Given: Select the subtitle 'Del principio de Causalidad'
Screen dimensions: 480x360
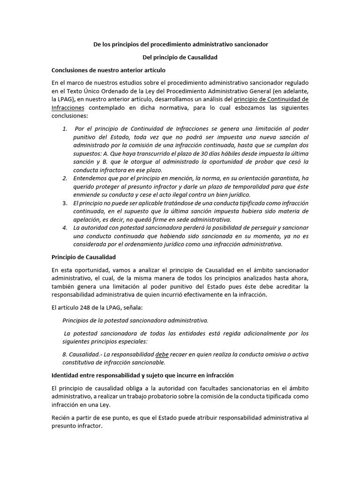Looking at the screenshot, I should point(180,57).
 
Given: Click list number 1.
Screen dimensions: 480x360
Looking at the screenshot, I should point(65,128).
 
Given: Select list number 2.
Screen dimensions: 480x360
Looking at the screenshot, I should point(65,179).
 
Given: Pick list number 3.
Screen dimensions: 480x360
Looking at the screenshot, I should point(65,203).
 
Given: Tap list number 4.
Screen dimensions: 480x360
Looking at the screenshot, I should point(65,228).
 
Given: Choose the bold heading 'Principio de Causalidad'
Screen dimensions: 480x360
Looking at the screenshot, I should point(83,257).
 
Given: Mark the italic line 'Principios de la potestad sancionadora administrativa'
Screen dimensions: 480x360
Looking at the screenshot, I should point(135,320).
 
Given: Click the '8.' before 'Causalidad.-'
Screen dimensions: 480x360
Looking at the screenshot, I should point(65,354).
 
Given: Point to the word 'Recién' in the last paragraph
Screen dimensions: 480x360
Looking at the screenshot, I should point(61,418).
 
